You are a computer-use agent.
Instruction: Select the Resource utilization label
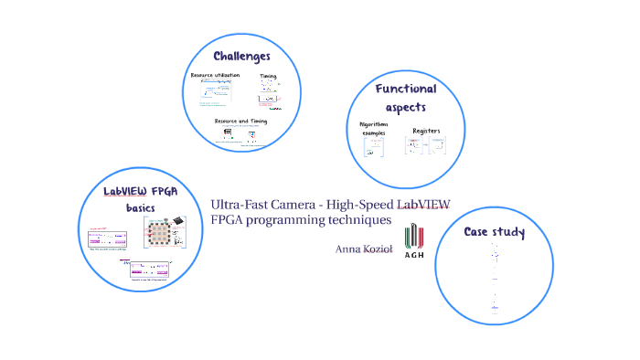[x=215, y=75]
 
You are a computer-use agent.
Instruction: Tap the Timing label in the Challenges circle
[x=268, y=76]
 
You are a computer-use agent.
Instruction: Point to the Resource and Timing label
[x=241, y=121]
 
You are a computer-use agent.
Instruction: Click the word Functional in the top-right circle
[x=406, y=89]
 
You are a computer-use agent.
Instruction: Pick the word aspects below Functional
[x=406, y=107]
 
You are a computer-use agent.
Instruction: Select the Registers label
[x=426, y=131]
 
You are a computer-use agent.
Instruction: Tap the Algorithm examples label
[x=373, y=128]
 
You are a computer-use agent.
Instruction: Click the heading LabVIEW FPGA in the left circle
[x=140, y=192]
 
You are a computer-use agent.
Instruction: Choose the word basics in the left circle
[x=141, y=208]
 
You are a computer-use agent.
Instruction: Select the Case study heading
[x=494, y=232]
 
